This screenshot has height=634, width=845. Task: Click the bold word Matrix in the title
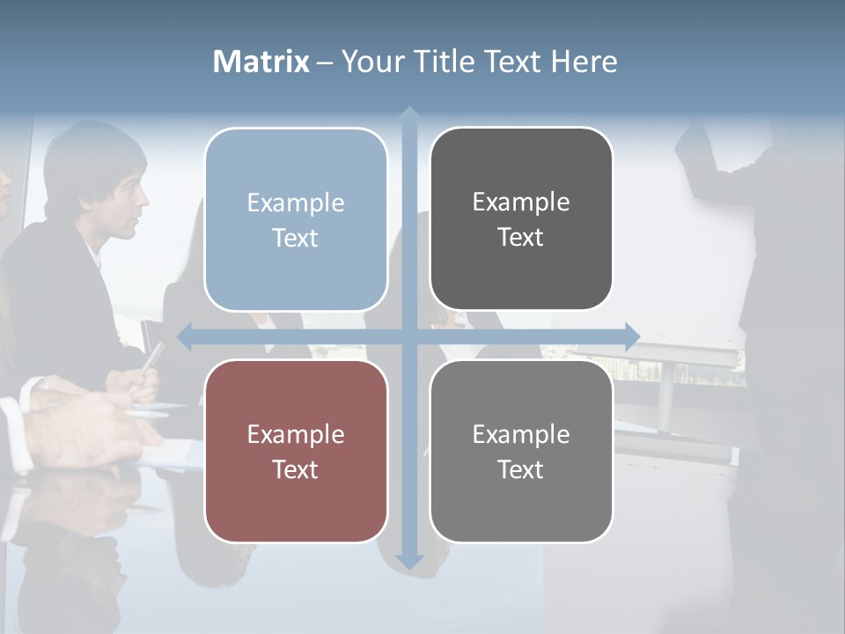(261, 62)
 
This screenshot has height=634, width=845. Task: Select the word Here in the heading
(584, 62)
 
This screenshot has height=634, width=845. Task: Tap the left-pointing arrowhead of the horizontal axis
(184, 335)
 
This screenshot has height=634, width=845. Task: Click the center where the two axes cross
(408, 335)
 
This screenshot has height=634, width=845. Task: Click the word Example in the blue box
(296, 203)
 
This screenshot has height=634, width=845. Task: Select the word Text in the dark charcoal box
(521, 238)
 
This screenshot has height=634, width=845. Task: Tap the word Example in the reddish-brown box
(296, 435)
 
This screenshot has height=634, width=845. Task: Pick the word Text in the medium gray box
(521, 470)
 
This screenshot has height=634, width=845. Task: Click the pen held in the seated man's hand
(151, 358)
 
